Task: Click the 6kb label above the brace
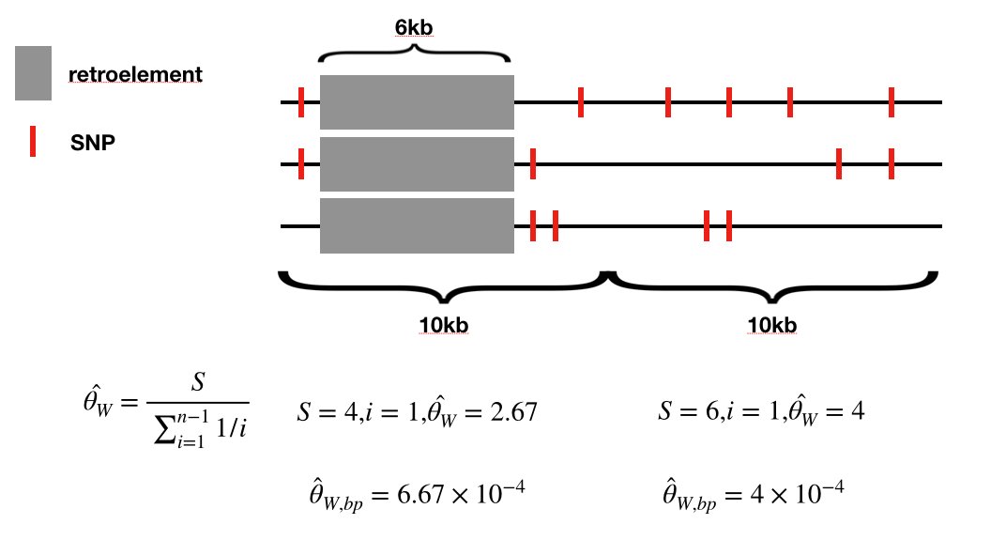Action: pyautogui.click(x=414, y=28)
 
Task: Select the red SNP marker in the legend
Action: pyautogui.click(x=33, y=143)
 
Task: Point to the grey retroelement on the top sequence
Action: pyautogui.click(x=417, y=101)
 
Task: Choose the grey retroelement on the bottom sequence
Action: pyautogui.click(x=417, y=225)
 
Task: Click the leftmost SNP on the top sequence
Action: pyautogui.click(x=301, y=101)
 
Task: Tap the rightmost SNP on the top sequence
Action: pyautogui.click(x=892, y=101)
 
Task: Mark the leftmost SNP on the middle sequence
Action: pyautogui.click(x=301, y=163)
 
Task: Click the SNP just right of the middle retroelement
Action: pyautogui.click(x=532, y=163)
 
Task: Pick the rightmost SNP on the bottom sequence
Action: pyautogui.click(x=728, y=225)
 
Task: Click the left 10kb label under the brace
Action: pyautogui.click(x=444, y=325)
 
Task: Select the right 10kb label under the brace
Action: pyautogui.click(x=772, y=325)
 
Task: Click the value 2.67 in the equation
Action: pyautogui.click(x=515, y=411)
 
